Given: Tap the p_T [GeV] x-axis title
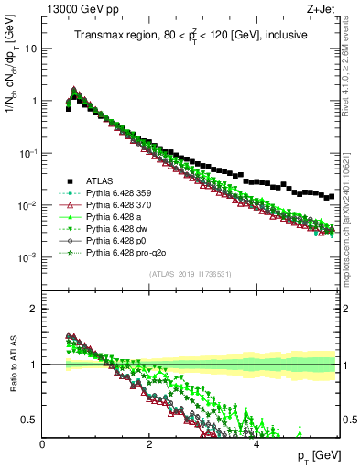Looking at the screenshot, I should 318,455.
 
